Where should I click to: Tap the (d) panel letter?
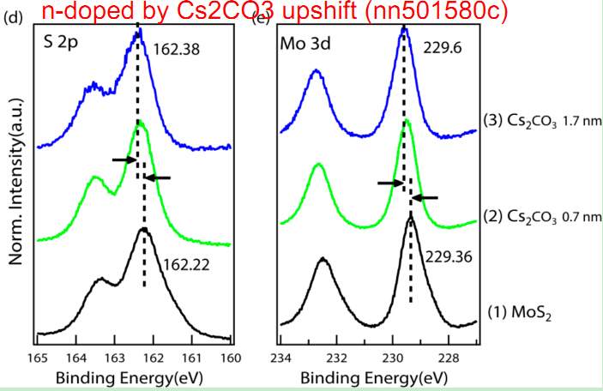pos(11,17)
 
